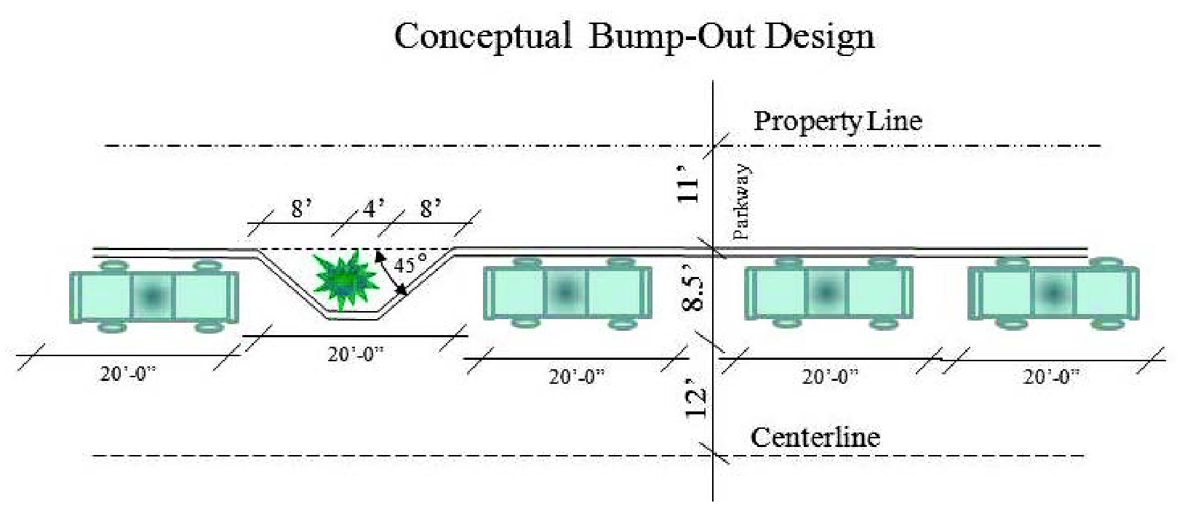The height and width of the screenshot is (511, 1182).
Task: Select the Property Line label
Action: (x=837, y=121)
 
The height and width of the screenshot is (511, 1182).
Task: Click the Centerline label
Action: (x=815, y=438)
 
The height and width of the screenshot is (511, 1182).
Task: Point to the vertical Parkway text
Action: (x=741, y=203)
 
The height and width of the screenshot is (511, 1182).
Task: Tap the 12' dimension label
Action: (x=695, y=401)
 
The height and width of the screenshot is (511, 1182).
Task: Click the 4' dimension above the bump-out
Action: (x=374, y=209)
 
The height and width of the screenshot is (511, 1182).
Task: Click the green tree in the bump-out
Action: (x=346, y=279)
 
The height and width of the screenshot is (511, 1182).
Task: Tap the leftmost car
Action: (x=153, y=296)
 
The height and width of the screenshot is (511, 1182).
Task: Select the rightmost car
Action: (x=1053, y=293)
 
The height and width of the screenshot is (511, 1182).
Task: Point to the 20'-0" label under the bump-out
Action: (x=355, y=354)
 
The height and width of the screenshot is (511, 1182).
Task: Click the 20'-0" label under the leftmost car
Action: (x=128, y=374)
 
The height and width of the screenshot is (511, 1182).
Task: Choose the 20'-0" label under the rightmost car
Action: (x=1051, y=377)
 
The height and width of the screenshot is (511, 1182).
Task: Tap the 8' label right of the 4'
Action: (x=431, y=209)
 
